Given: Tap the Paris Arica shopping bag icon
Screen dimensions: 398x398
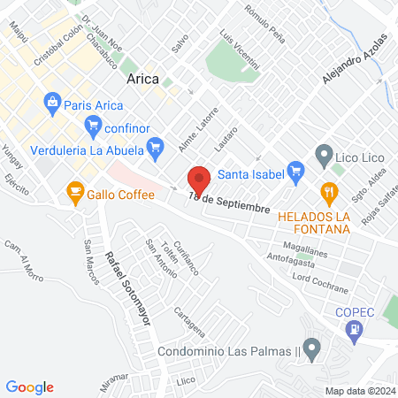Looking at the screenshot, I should (52, 103).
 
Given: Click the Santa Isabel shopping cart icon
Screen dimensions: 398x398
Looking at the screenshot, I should (296, 171).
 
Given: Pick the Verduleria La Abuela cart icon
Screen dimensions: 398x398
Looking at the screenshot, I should (156, 148).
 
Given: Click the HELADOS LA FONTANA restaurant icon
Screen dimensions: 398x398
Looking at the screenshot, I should (329, 191).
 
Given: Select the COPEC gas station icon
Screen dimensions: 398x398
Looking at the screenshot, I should (356, 331).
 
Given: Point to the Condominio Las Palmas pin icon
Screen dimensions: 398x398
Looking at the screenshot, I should (310, 348).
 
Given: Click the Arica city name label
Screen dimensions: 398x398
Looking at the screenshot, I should (143, 79).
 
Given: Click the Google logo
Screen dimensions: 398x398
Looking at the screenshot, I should (30, 387).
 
